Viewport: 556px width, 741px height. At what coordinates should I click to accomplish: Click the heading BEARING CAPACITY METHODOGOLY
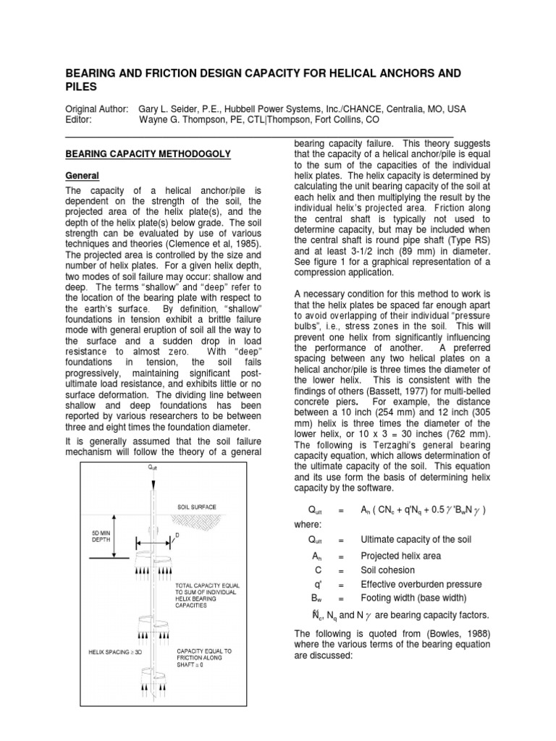[x=148, y=154]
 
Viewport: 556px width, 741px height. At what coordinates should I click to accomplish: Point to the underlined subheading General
[x=82, y=176]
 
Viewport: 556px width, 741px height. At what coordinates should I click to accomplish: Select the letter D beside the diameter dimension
[x=178, y=536]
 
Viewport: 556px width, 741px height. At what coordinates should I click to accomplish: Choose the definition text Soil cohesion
[x=389, y=570]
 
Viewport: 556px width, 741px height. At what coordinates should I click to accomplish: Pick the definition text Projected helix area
[x=400, y=556]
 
